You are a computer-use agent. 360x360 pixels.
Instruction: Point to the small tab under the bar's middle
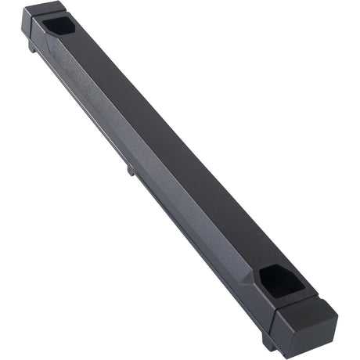coord(130,167)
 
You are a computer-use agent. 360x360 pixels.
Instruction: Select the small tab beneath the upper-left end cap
coord(33,48)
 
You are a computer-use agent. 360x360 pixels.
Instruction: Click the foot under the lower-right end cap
coord(269,341)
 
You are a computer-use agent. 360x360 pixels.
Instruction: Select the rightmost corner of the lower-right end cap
coord(337,321)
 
